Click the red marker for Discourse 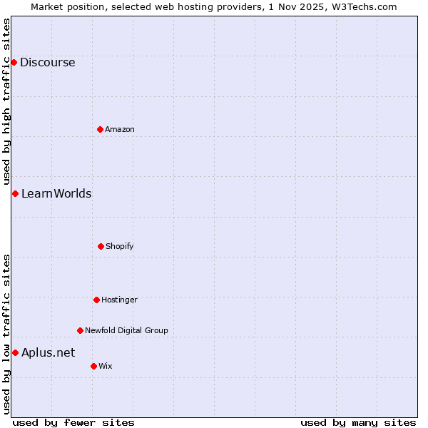[14, 62]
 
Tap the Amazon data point [100, 129]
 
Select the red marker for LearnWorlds [15, 193]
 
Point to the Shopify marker [101, 246]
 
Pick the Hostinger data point [96, 300]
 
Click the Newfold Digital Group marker [80, 330]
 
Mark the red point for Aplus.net [15, 352]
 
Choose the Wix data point [93, 366]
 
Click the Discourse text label [48, 62]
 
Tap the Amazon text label [120, 129]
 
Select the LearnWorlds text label [56, 193]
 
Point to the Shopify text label [120, 246]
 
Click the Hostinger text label [119, 300]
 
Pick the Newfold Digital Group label [126, 330]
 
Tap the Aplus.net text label [48, 352]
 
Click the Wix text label [106, 366]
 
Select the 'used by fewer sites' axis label [73, 422]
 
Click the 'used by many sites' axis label [358, 422]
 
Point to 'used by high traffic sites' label [6, 101]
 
